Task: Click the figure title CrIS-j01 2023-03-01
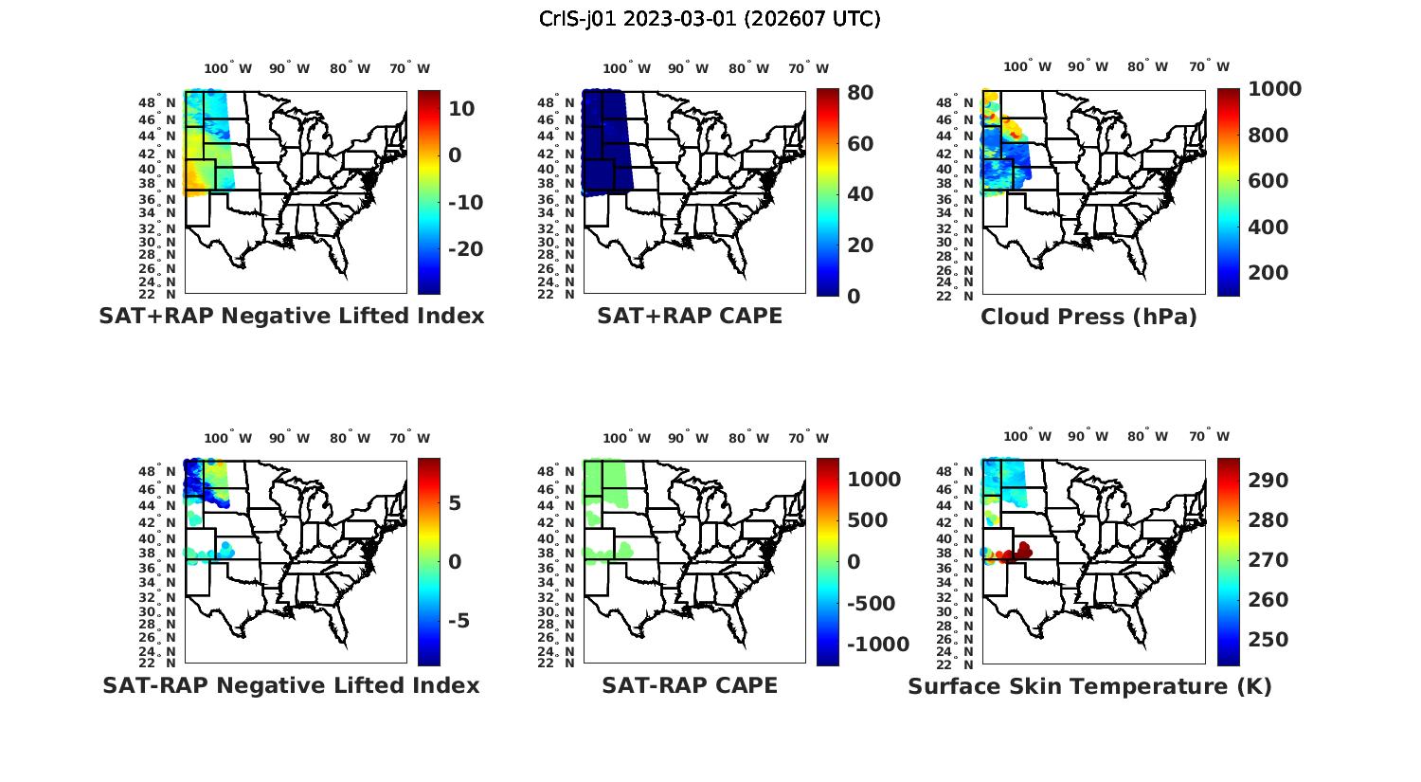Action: [710, 19]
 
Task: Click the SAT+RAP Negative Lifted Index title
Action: [292, 316]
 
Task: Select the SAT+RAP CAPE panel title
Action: [690, 316]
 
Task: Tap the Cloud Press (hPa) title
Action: [1088, 317]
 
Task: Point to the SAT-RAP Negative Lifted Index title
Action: [292, 685]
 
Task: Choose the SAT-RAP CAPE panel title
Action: [690, 685]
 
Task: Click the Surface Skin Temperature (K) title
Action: [1089, 686]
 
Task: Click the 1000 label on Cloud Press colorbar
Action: [1274, 89]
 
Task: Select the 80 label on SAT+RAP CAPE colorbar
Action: [859, 93]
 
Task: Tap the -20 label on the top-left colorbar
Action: [465, 249]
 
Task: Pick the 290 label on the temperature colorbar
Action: [1268, 481]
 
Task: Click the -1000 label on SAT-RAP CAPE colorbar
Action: [877, 645]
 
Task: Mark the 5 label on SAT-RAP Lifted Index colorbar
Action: [455, 502]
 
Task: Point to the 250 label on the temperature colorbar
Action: [1268, 640]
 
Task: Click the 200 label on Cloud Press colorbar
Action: [1268, 273]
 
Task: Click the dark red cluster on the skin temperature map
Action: [1017, 553]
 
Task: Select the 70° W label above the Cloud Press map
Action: [1209, 66]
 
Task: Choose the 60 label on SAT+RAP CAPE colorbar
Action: [859, 144]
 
